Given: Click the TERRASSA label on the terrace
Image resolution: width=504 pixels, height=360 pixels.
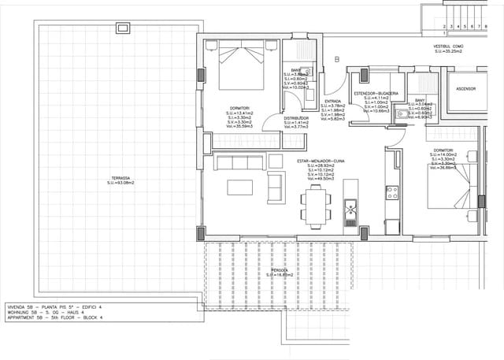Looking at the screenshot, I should click(x=121, y=180).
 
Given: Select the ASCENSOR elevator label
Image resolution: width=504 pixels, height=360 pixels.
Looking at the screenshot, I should click(x=465, y=89).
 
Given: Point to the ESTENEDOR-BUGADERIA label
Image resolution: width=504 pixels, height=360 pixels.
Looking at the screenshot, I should click(x=377, y=93).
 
